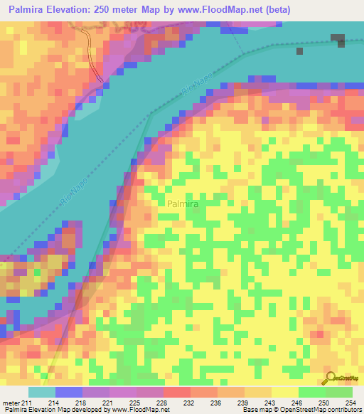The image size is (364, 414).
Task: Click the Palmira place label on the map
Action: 183,204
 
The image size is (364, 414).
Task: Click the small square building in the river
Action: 299,51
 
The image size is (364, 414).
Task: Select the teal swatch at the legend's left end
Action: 42,392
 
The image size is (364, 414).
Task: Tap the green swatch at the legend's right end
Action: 339,392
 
